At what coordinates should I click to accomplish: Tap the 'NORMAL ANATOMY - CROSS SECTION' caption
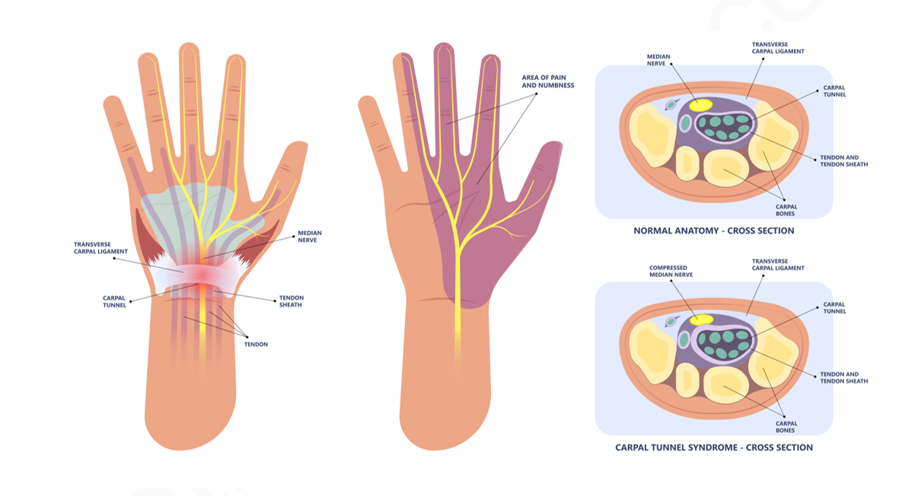click(713, 231)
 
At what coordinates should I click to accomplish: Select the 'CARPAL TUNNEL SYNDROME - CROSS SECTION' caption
click(713, 447)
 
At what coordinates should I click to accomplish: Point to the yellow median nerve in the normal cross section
click(700, 105)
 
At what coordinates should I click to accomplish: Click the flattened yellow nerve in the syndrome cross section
click(700, 320)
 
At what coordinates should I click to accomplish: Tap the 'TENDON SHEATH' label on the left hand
click(291, 301)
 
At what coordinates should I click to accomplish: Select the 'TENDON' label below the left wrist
click(255, 344)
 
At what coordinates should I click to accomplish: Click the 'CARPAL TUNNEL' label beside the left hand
click(115, 301)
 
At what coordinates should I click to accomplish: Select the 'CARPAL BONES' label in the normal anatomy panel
click(786, 210)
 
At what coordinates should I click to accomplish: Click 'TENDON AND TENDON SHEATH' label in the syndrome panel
click(843, 377)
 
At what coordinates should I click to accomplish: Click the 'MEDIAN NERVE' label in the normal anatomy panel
click(658, 59)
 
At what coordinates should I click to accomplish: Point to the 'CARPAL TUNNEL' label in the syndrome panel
click(834, 308)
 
